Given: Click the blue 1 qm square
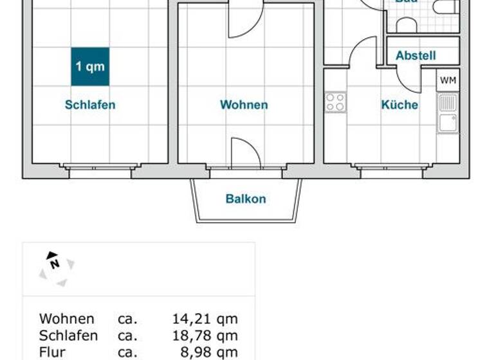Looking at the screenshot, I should (x=90, y=66).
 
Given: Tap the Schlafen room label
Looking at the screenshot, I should (x=90, y=105).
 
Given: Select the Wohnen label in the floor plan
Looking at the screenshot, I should (x=244, y=105).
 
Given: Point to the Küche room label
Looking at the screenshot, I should (x=399, y=105).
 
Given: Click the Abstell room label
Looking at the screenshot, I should (x=416, y=56).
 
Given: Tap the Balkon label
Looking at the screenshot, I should (x=246, y=199).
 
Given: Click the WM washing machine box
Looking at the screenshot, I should (x=448, y=80).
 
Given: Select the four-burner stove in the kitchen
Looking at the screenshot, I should (x=335, y=102).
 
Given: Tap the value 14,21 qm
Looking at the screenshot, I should (x=205, y=319).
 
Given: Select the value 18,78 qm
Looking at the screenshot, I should (x=205, y=336).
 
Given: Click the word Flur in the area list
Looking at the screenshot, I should (x=51, y=352).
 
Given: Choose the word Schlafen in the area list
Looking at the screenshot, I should (x=69, y=336).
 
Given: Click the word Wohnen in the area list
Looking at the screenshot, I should (x=67, y=319).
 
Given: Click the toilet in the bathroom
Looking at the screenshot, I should (x=444, y=7).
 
